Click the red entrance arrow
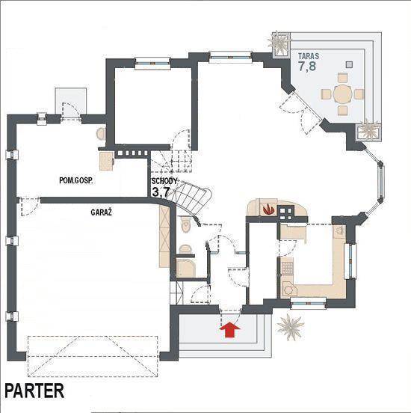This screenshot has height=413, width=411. tap(230, 329)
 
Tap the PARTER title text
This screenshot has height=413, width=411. tap(34, 391)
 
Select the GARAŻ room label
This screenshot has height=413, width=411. tap(102, 212)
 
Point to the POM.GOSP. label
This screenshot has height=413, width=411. tap(76, 181)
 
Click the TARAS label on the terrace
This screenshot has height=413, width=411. tap(309, 56)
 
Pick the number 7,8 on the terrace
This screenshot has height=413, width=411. tap(307, 66)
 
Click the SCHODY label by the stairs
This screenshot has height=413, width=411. tap(164, 181)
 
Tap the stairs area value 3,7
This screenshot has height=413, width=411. tap(161, 192)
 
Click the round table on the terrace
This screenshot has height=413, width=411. tap(342, 94)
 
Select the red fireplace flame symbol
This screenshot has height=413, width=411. tap(268, 209)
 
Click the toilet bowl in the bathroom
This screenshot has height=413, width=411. tap(185, 224)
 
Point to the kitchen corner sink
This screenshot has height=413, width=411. tap(289, 290)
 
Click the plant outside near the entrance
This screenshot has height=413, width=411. tap(291, 327)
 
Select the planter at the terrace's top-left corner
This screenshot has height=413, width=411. tap(280, 44)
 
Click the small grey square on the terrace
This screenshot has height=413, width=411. tap(349, 64)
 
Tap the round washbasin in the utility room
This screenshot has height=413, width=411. tap(101, 134)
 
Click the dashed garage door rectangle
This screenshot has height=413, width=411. tap(93, 356)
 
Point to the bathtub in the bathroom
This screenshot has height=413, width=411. tap(186, 268)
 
